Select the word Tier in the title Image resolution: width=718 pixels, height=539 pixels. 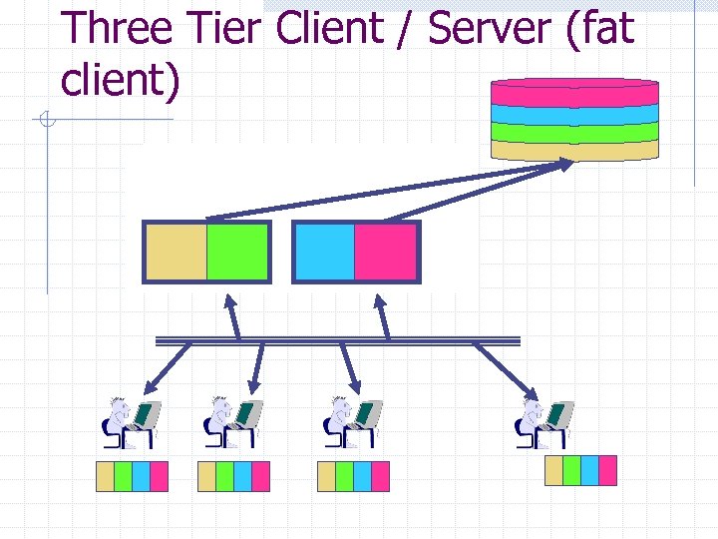[x=230, y=28]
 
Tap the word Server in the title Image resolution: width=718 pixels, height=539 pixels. [x=489, y=28]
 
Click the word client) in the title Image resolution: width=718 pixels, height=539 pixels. [x=120, y=79]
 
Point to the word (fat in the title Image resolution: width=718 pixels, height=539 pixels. [x=598, y=28]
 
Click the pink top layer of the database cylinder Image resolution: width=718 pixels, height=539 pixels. [x=574, y=92]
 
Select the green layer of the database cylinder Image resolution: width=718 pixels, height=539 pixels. [x=574, y=132]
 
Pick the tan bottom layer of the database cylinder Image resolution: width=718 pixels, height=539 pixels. [x=574, y=150]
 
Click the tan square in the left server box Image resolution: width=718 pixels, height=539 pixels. [x=177, y=252]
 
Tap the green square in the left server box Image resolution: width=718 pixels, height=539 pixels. [x=237, y=252]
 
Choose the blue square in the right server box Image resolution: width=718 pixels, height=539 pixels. [x=325, y=252]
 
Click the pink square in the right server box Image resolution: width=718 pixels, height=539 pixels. [x=385, y=252]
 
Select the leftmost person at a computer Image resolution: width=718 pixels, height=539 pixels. [x=131, y=423]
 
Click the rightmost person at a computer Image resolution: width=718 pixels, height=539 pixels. [x=543, y=423]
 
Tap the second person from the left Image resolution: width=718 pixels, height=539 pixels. [x=233, y=423]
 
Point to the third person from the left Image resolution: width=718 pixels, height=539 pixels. [x=352, y=423]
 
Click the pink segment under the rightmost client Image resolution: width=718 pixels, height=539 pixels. [x=607, y=470]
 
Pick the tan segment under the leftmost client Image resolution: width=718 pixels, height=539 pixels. [x=105, y=477]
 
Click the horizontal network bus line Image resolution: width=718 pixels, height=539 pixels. [x=339, y=340]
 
